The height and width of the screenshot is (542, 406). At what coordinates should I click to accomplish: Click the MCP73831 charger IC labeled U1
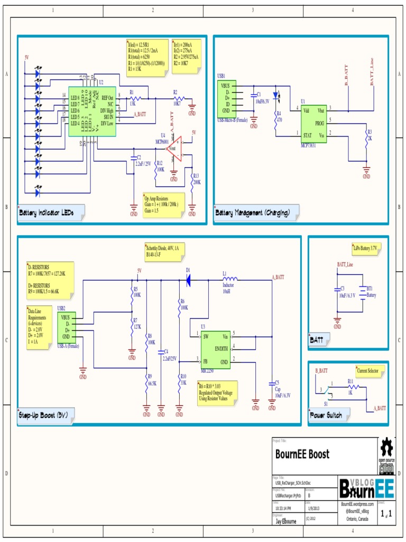point(313,123)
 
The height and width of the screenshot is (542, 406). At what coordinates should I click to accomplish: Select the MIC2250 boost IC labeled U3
point(215,349)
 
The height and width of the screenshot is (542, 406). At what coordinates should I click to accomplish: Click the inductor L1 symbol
point(230,278)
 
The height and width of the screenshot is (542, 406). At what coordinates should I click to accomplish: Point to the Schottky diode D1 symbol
point(188,278)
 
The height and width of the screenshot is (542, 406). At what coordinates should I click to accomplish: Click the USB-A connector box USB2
point(67,327)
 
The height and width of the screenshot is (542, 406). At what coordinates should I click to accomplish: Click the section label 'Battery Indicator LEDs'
point(46,213)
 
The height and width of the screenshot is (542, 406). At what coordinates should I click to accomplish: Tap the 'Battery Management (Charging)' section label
point(252,213)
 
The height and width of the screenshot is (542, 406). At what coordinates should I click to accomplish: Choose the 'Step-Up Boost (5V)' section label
point(42,415)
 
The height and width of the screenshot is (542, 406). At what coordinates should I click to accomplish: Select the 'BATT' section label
point(317,340)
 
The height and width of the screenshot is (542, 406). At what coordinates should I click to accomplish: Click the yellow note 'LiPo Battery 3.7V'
point(366,248)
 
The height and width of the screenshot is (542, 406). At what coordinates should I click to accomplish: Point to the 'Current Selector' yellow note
point(371,372)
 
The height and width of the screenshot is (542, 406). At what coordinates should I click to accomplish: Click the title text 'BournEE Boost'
point(302,454)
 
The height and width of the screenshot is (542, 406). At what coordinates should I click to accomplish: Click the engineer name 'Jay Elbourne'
point(286,521)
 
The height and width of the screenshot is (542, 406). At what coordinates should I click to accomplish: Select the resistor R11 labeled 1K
point(350,387)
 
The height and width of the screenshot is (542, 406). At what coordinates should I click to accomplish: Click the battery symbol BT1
point(362,291)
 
